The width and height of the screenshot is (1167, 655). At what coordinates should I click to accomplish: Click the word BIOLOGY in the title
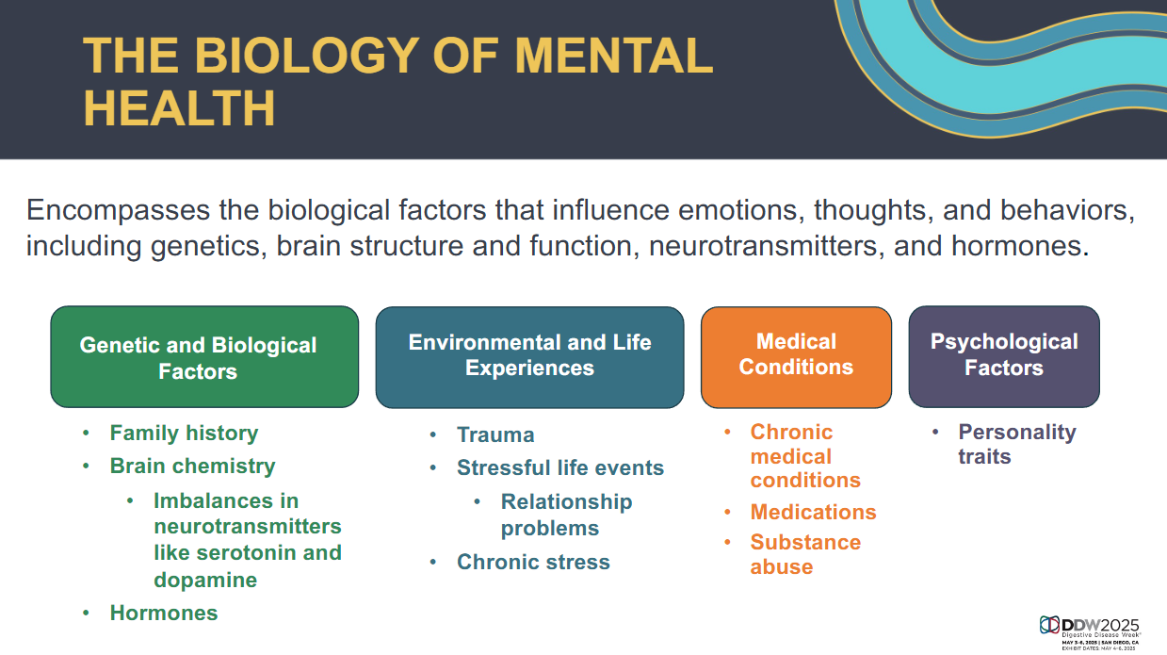(307, 56)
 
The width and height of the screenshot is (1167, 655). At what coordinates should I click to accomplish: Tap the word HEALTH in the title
(179, 108)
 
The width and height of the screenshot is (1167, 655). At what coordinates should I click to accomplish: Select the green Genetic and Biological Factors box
(204, 356)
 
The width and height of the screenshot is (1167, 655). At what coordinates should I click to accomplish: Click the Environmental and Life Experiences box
(529, 357)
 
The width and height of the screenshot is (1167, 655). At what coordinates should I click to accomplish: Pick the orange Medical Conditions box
(796, 357)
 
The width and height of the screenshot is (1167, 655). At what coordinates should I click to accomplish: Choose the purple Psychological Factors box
(1004, 356)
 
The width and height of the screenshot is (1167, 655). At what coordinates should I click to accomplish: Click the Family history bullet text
(184, 434)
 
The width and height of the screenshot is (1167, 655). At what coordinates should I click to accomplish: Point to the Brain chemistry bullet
(192, 467)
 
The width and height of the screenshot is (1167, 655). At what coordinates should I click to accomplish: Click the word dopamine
(205, 580)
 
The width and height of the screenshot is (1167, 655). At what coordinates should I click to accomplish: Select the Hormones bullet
(164, 613)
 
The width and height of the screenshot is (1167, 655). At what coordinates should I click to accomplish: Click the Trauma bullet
(495, 434)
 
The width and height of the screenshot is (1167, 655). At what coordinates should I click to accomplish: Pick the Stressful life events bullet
(560, 467)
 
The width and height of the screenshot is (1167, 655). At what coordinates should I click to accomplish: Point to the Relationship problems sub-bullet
(566, 515)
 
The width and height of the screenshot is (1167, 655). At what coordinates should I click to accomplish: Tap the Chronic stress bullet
(533, 563)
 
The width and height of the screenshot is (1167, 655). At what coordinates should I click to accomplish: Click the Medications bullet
(813, 512)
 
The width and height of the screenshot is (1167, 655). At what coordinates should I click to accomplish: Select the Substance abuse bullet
(805, 554)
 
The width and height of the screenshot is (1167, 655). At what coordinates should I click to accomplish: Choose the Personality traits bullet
(1017, 444)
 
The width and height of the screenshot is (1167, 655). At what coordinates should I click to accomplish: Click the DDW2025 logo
(1090, 633)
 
